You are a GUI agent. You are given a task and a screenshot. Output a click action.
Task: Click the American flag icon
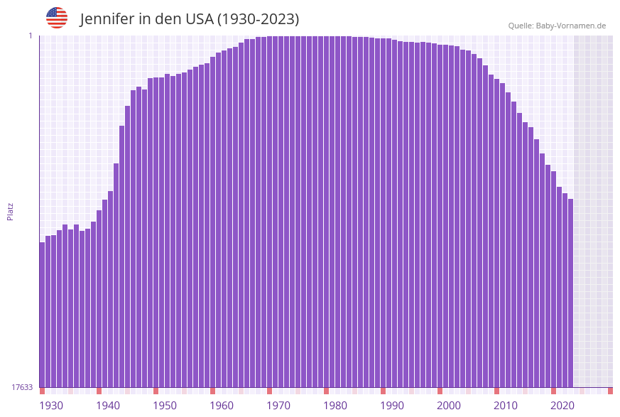pyautogui.click(x=57, y=18)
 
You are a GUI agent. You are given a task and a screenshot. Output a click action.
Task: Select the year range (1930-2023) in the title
pyautogui.click(x=258, y=19)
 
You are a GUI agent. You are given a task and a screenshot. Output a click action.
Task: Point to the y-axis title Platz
pyautogui.click(x=10, y=211)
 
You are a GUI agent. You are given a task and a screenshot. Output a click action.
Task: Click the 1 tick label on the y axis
pyautogui.click(x=30, y=36)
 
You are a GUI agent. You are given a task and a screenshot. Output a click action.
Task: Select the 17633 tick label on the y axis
pyautogui.click(x=22, y=387)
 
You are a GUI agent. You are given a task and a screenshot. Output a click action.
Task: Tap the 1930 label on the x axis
pyautogui.click(x=51, y=406)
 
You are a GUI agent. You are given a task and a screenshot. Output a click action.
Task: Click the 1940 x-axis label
pyautogui.click(x=108, y=406)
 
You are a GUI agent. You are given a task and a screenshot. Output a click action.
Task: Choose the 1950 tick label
pyautogui.click(x=165, y=406)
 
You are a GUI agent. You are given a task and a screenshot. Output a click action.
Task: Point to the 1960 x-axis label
pyautogui.click(x=222, y=406)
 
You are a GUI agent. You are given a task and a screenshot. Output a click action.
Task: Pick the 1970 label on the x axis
pyautogui.click(x=278, y=406)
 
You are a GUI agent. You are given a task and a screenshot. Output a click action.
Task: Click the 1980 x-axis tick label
pyautogui.click(x=335, y=406)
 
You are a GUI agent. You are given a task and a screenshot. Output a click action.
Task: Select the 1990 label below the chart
pyautogui.click(x=392, y=406)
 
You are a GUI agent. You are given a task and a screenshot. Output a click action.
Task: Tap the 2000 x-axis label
pyautogui.click(x=449, y=406)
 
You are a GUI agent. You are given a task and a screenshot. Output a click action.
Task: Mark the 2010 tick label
pyautogui.click(x=506, y=406)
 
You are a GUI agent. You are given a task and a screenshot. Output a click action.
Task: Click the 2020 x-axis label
pyautogui.click(x=562, y=406)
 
